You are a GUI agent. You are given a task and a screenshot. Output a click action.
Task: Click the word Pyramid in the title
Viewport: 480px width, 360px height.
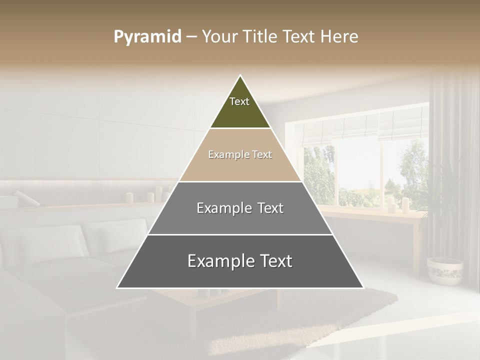(x=147, y=37)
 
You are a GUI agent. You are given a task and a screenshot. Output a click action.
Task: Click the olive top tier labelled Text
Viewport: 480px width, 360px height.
(x=240, y=107)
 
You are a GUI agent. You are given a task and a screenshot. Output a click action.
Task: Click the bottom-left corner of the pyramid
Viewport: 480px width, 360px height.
(x=118, y=287)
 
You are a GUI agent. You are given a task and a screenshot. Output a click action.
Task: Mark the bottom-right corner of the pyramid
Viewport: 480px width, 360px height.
(x=362, y=287)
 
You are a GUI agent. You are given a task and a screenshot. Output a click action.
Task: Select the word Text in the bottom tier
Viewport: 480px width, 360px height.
(x=273, y=261)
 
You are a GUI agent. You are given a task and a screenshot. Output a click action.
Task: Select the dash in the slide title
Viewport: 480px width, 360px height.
(x=191, y=37)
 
